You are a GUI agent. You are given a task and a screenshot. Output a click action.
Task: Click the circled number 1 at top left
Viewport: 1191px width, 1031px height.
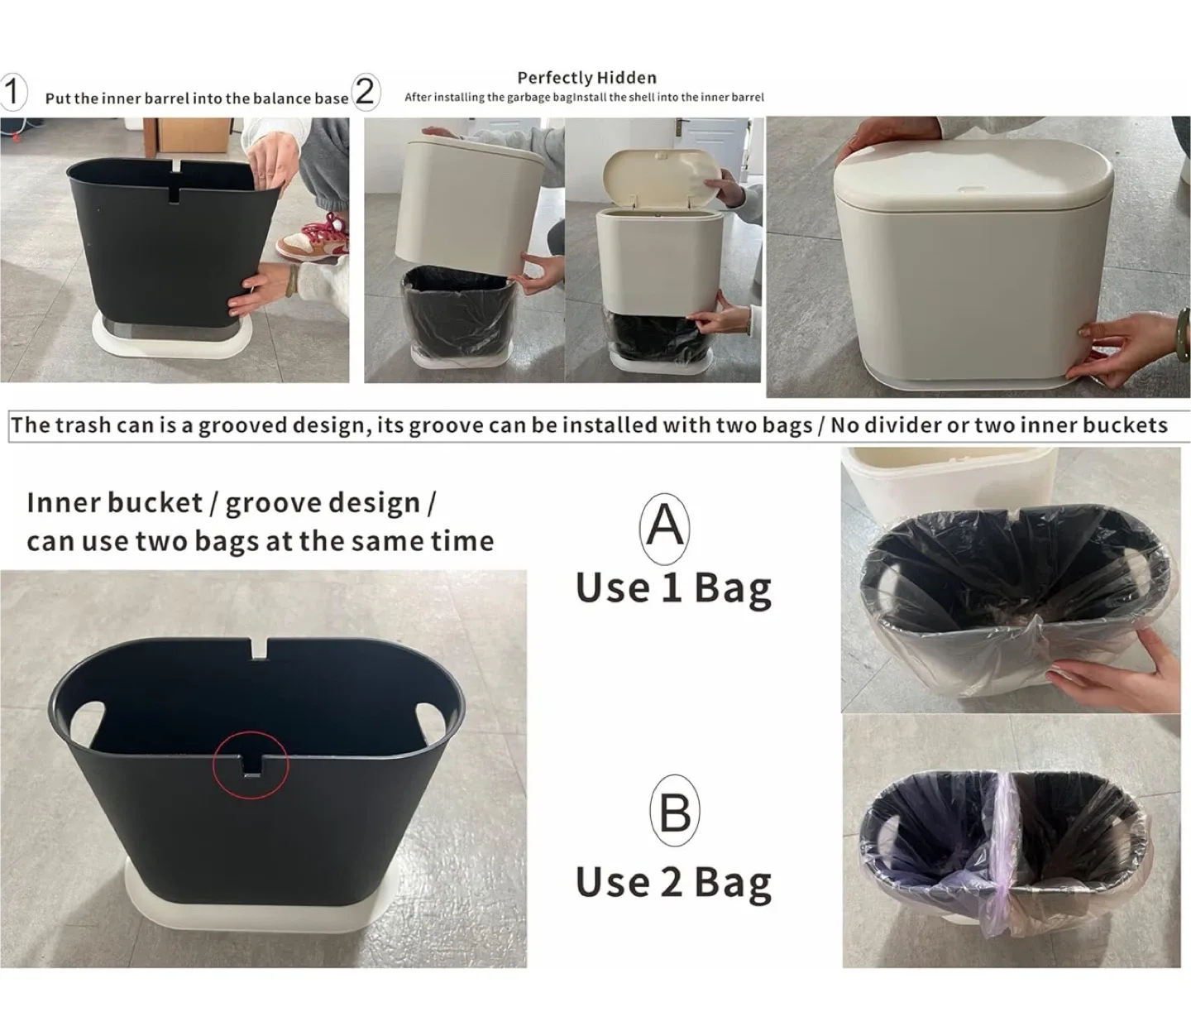point(12,92)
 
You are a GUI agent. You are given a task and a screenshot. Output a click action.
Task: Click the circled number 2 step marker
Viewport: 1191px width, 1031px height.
point(366,92)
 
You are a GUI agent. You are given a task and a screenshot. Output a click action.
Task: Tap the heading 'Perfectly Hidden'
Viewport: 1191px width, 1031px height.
point(586,78)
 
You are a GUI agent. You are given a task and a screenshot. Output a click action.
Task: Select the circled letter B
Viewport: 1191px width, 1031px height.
point(675,813)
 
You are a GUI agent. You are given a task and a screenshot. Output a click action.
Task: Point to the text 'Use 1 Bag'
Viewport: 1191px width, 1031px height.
point(673,588)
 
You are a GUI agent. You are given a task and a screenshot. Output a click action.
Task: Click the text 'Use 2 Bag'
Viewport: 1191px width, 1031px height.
point(673,882)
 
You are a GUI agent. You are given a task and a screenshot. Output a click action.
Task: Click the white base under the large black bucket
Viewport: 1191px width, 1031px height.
point(256,908)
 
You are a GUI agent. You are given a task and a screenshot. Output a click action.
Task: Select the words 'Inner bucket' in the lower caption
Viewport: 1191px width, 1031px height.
point(114,503)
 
